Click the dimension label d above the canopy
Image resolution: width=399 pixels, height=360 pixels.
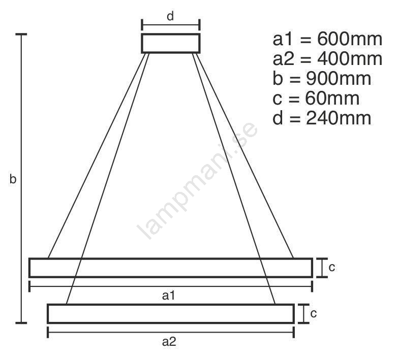point(170,16)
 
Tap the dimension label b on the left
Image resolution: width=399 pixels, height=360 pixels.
point(13,179)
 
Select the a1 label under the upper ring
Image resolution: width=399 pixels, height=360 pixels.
point(168,296)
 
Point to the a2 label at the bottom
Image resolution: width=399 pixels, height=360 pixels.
point(169,342)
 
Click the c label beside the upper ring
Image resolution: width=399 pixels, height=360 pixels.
point(331,268)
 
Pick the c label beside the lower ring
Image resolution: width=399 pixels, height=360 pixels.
point(313,314)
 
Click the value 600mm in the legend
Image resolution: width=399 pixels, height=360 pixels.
point(350,39)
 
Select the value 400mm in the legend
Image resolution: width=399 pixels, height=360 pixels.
point(350,59)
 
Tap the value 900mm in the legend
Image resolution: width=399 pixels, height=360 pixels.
point(339,79)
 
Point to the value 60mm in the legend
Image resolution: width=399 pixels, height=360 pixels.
point(332,99)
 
